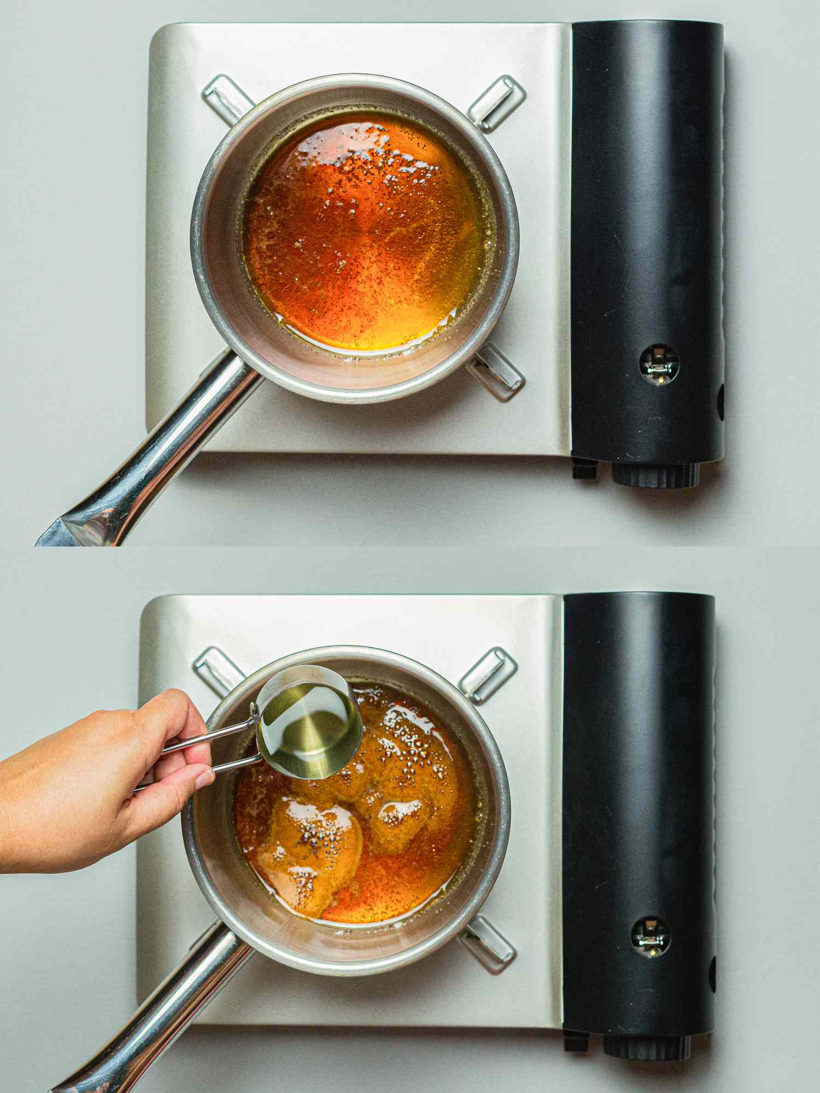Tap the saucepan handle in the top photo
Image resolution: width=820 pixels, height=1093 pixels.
164,448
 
